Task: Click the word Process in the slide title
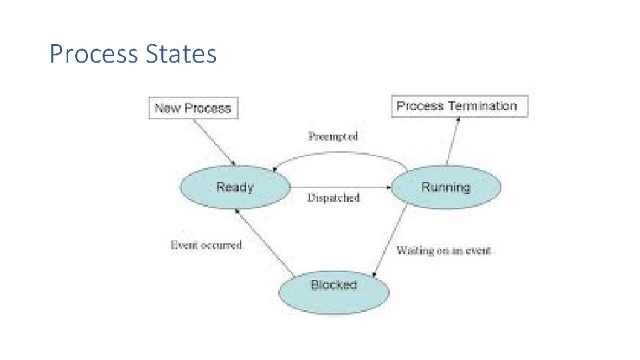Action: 93,54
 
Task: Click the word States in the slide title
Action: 179,54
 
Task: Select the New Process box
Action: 193,108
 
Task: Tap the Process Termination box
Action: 459,106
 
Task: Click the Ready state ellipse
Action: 235,187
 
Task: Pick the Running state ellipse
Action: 445,187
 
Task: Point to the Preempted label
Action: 333,136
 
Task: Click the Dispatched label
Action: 333,198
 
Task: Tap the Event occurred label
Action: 206,245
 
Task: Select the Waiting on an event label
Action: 443,251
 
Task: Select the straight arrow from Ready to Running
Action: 340,187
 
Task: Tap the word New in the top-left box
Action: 167,108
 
